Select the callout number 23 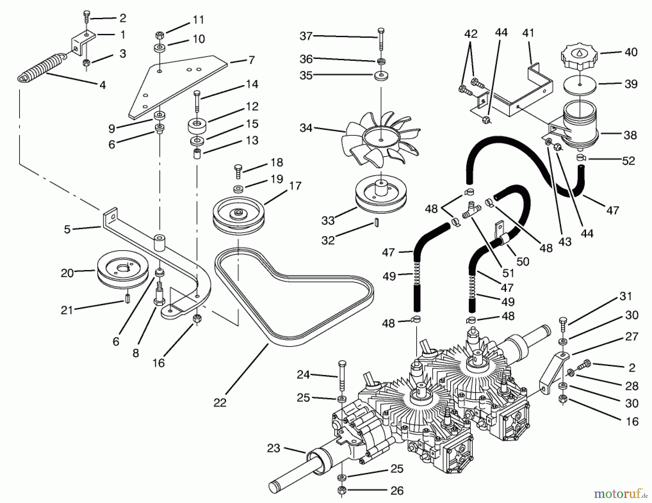pyautogui.click(x=273, y=448)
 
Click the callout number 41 pyautogui.click(x=528, y=33)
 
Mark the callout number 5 pyautogui.click(x=67, y=229)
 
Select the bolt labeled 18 pyautogui.click(x=238, y=171)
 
